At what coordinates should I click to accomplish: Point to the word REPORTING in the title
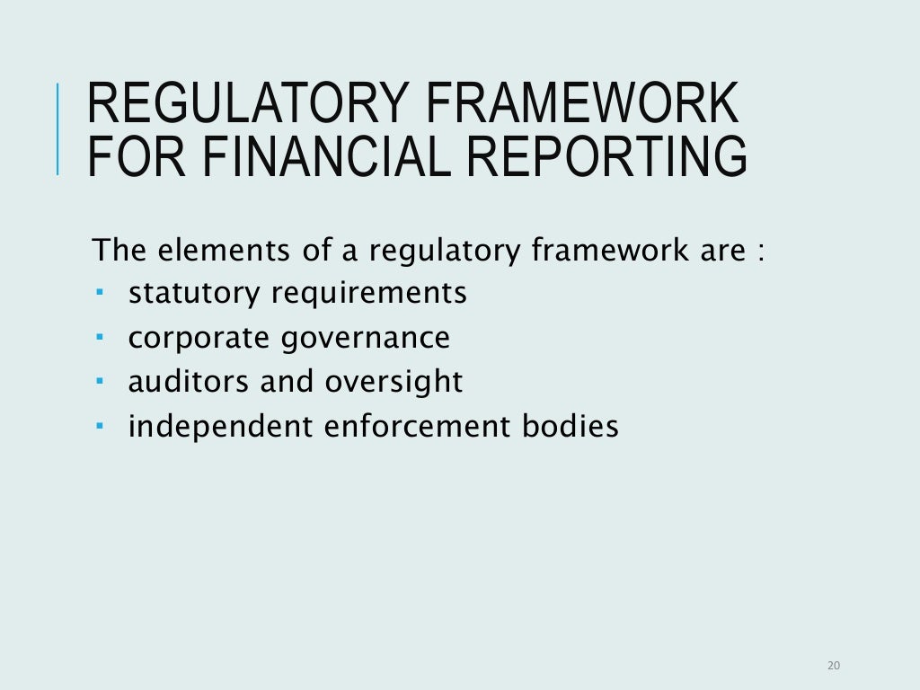pyautogui.click(x=597, y=155)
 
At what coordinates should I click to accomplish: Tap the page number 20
pyautogui.click(x=832, y=666)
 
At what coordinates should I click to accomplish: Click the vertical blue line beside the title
pyautogui.click(x=58, y=128)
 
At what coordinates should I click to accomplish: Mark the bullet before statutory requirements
pyautogui.click(x=100, y=293)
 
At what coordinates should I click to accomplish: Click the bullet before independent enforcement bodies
pyautogui.click(x=100, y=425)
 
